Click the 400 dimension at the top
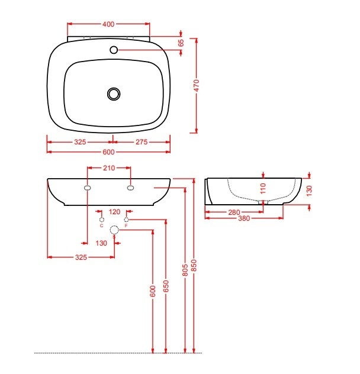[108, 24]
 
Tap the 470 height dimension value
[196, 85]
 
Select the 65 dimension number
[181, 43]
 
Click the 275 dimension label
[142, 142]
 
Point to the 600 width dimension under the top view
[108, 152]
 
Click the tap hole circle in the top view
[114, 50]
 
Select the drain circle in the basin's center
[114, 93]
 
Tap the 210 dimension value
[109, 168]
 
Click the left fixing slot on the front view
[88, 188]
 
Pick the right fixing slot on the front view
[130, 188]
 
